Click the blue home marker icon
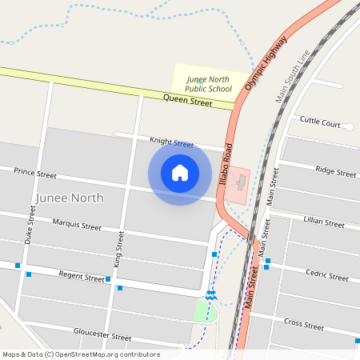click(180, 172)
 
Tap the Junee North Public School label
click(209, 84)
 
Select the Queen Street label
click(187, 101)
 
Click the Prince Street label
click(35, 173)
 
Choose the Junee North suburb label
click(70, 198)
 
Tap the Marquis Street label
click(77, 225)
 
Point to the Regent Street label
click(82, 276)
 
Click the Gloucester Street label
click(102, 335)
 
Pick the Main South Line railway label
click(291, 77)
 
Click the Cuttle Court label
click(320, 122)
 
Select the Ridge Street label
click(335, 171)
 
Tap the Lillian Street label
click(324, 222)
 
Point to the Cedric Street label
click(327, 274)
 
